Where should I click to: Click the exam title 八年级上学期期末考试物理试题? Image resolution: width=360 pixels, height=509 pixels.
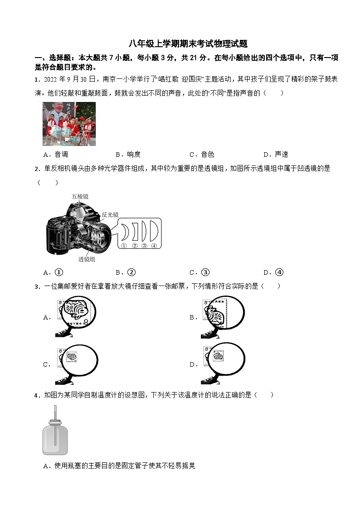point(188,44)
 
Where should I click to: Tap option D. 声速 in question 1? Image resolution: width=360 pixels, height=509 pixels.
point(276,155)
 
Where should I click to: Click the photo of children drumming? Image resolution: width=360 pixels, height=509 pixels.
point(69,124)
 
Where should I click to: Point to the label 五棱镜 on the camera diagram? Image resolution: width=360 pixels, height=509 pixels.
point(80,196)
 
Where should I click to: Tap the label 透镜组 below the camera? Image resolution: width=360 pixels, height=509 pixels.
point(87,259)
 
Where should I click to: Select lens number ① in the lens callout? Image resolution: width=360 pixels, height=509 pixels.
point(123,245)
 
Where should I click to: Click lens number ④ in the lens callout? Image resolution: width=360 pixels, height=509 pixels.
point(154,245)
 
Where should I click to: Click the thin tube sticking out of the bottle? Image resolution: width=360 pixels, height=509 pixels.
point(55,415)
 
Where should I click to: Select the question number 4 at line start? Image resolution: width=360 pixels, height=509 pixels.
point(36,395)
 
